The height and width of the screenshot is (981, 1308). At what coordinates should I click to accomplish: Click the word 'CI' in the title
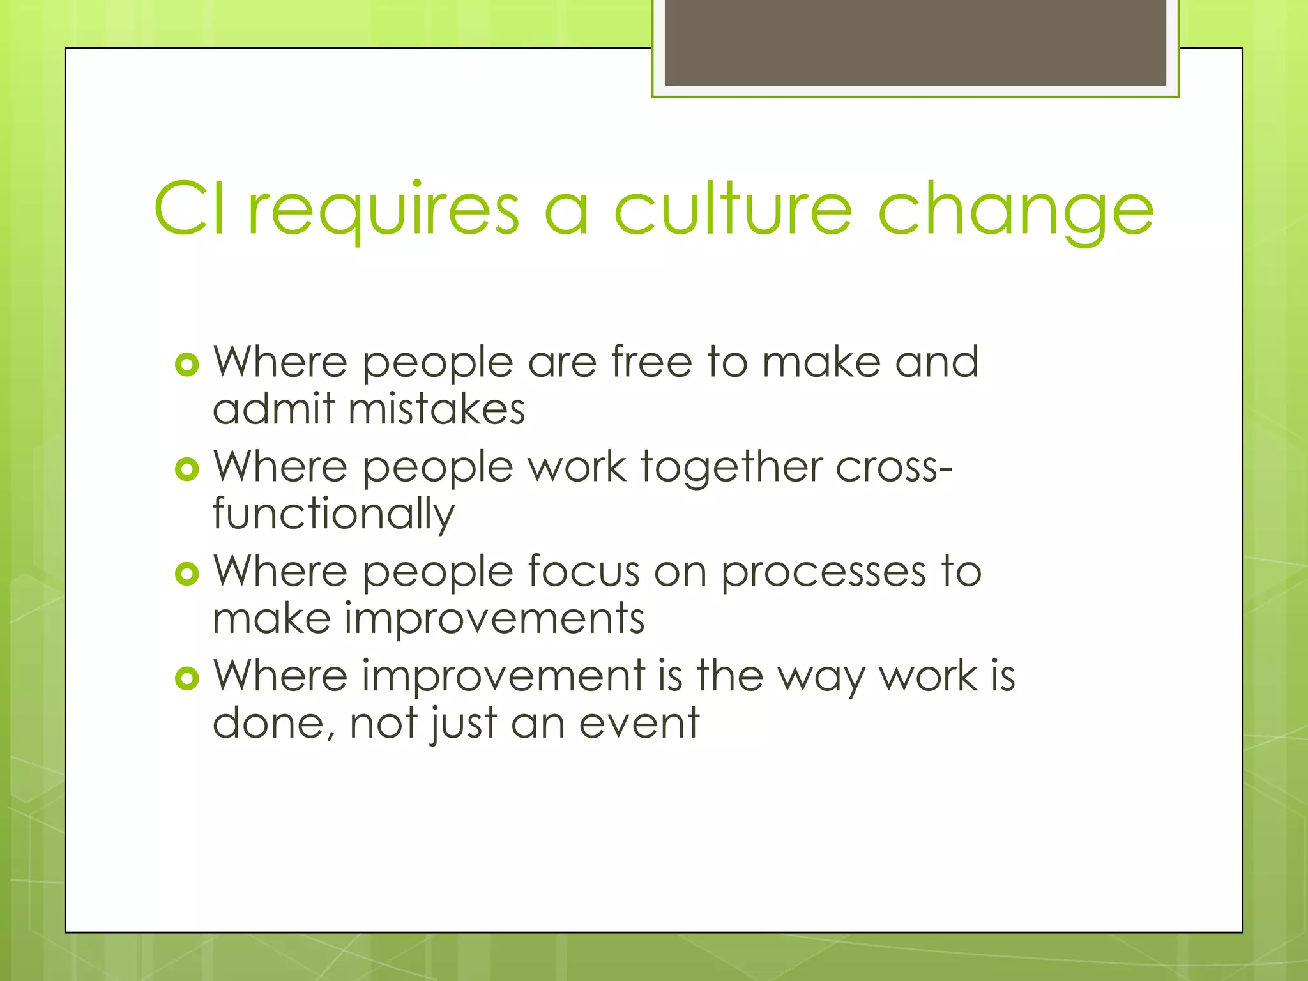(x=190, y=209)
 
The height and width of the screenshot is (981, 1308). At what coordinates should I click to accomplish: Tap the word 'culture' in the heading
(x=733, y=209)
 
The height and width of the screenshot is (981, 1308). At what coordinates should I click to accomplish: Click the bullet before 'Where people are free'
(x=186, y=365)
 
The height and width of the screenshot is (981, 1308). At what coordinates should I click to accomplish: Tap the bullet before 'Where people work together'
(x=186, y=470)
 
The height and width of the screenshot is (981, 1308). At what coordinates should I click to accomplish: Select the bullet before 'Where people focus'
(x=186, y=574)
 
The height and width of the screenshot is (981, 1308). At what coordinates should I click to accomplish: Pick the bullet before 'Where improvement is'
(x=186, y=678)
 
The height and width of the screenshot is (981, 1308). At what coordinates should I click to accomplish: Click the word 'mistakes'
(x=436, y=409)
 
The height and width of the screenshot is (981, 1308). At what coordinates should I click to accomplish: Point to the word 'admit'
(x=273, y=409)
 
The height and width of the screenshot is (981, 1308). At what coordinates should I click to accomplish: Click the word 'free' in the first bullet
(x=651, y=362)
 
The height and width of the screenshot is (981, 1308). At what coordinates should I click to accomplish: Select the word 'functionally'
(x=333, y=515)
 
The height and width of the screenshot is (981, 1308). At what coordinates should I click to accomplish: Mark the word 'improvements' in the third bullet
(x=494, y=619)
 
